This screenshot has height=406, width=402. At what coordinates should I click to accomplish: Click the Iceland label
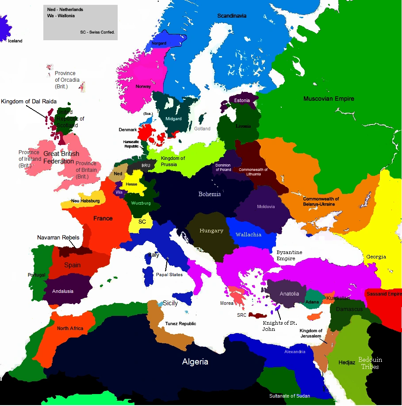coord(15,41)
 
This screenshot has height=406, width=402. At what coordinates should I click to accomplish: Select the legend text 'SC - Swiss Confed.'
coord(97,32)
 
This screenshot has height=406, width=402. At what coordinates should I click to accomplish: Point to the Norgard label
coord(159,43)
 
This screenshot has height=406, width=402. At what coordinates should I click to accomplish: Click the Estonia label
coord(242,100)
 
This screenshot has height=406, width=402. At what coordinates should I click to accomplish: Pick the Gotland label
coord(202,129)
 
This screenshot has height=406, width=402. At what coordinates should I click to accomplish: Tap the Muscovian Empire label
coord(329,99)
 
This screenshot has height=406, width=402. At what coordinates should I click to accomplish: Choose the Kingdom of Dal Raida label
coord(29,102)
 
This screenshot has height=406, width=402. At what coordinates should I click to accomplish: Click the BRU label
coord(146,165)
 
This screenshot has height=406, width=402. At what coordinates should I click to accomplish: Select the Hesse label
coord(131,184)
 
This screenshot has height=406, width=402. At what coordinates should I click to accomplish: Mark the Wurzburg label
coord(141,203)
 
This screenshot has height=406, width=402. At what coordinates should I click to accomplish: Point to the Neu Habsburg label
coord(85,201)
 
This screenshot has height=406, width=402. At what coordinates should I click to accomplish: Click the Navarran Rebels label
coord(58,238)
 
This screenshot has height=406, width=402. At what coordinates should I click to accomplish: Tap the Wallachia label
coord(248,235)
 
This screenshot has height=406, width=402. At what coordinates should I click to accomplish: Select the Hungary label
coord(211,231)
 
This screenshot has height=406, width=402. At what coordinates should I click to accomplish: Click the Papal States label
coord(169,274)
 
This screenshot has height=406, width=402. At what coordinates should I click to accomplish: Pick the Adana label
coord(312,302)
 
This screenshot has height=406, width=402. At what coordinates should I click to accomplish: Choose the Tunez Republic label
coord(180,324)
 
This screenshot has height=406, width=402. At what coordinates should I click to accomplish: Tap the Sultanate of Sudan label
coord(290,396)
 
